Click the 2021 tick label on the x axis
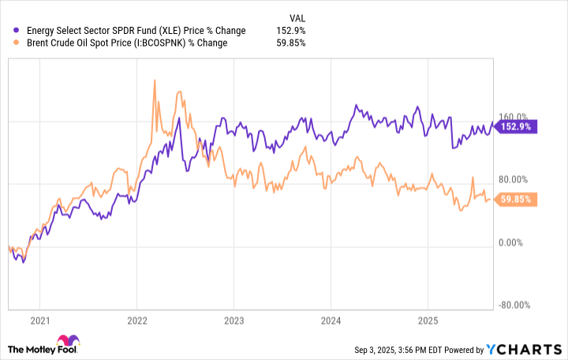39,321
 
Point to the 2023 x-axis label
234,321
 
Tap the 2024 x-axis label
331,321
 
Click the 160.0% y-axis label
516,118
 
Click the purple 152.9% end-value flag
516,126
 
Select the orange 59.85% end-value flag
516,201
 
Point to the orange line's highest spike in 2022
154,80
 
